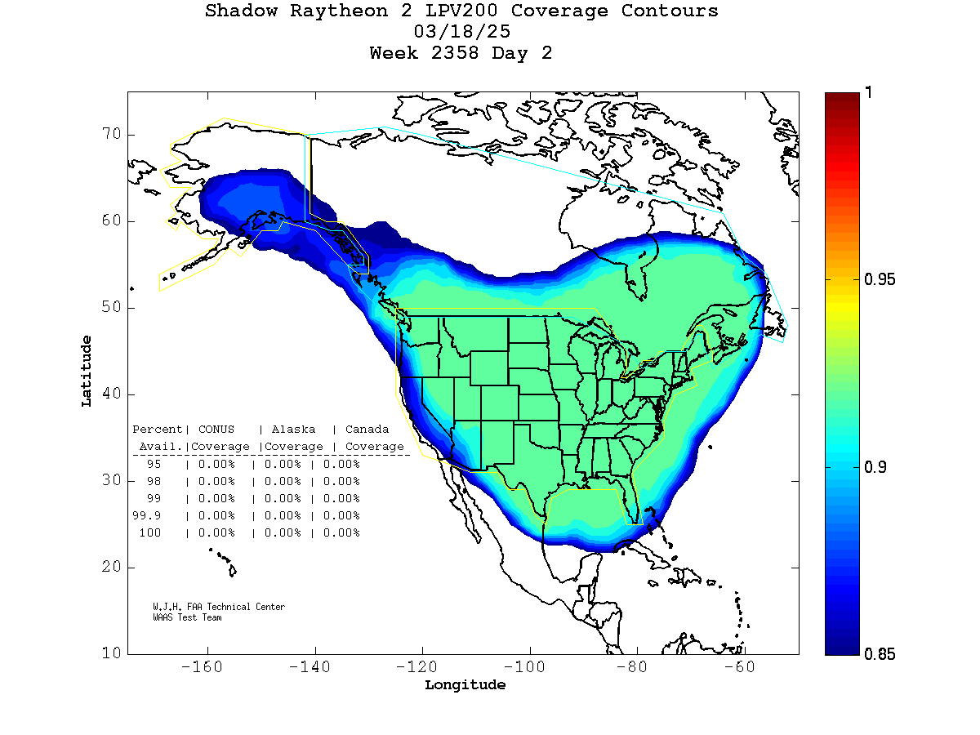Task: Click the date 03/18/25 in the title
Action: pyautogui.click(x=462, y=32)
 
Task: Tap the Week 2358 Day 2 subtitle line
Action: pyautogui.click(x=461, y=53)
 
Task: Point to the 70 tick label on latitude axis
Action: pyautogui.click(x=112, y=135)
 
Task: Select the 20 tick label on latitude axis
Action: pyautogui.click(x=112, y=567)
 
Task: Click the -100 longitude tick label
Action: pyautogui.click(x=529, y=667)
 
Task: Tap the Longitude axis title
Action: pyautogui.click(x=465, y=685)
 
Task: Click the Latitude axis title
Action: pyautogui.click(x=87, y=370)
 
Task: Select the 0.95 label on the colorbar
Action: pyautogui.click(x=880, y=280)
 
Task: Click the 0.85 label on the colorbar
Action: pyautogui.click(x=880, y=654)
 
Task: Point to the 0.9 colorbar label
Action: pyautogui.click(x=875, y=467)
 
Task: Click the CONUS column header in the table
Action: pyautogui.click(x=216, y=430)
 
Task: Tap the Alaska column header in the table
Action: pyautogui.click(x=293, y=430)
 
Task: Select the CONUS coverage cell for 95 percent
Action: pyautogui.click(x=216, y=464)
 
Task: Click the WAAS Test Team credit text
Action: pyautogui.click(x=187, y=617)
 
